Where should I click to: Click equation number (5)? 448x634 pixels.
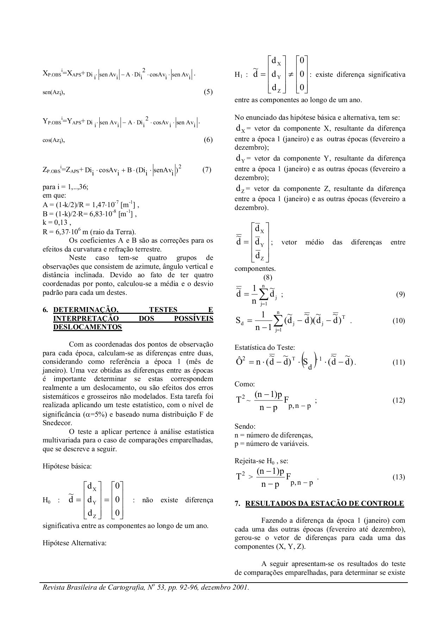pos(208,92)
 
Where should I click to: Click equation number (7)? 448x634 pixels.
pos(207,169)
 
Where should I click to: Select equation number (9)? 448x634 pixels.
pos(400,294)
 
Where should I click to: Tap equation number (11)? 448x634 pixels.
pos(399,362)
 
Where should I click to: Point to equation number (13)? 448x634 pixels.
pos(399,477)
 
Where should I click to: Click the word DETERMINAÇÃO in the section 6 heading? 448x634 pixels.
pos(86,310)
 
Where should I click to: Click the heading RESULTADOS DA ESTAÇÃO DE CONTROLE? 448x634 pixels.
pos(324,503)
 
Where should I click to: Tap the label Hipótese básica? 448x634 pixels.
pos(67,466)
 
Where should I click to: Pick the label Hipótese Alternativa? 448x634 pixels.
pos(74,543)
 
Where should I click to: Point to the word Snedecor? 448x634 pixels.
pos(57,423)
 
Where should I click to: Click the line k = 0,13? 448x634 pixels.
pos(57,223)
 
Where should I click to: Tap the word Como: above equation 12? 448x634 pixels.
pos(244,384)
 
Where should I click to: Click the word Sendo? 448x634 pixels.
pos(245,427)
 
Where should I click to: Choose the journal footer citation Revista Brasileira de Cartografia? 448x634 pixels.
pos(145,588)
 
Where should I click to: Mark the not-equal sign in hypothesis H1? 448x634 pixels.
pos(291,75)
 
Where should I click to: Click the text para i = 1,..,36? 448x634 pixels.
pos(65,187)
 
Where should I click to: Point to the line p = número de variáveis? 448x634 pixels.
pos(272,444)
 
